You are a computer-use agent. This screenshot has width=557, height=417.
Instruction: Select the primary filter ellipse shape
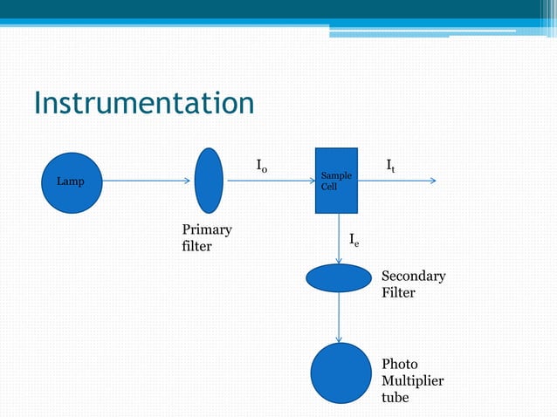209,181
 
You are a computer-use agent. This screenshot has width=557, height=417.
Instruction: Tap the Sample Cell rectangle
336,181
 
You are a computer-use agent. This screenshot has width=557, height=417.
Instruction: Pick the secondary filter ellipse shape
339,277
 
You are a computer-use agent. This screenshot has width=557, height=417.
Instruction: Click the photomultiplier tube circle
340,373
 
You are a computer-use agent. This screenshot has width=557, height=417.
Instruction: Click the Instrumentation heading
144,104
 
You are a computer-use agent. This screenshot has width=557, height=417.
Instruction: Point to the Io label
262,165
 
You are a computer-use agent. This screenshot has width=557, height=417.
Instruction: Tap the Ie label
353,239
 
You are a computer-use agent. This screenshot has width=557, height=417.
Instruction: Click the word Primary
207,229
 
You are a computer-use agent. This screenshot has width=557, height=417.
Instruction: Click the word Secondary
413,277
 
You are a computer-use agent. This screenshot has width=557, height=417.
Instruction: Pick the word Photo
400,365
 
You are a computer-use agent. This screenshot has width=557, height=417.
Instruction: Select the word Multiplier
412,381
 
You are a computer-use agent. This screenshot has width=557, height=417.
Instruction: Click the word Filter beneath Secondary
398,293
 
